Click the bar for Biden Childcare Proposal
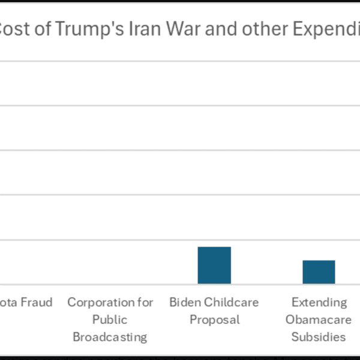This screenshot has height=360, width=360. [214, 265]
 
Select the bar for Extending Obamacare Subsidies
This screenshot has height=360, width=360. [319, 272]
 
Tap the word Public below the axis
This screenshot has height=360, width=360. [110, 319]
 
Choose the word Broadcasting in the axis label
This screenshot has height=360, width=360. [110, 337]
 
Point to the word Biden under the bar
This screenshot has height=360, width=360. [185, 302]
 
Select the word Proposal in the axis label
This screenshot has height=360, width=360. [214, 319]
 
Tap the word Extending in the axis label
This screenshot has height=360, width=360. [319, 302]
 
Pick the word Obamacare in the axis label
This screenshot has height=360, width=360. [319, 319]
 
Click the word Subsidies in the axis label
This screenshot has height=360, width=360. [319, 337]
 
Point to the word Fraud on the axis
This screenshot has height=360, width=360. [36, 302]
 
